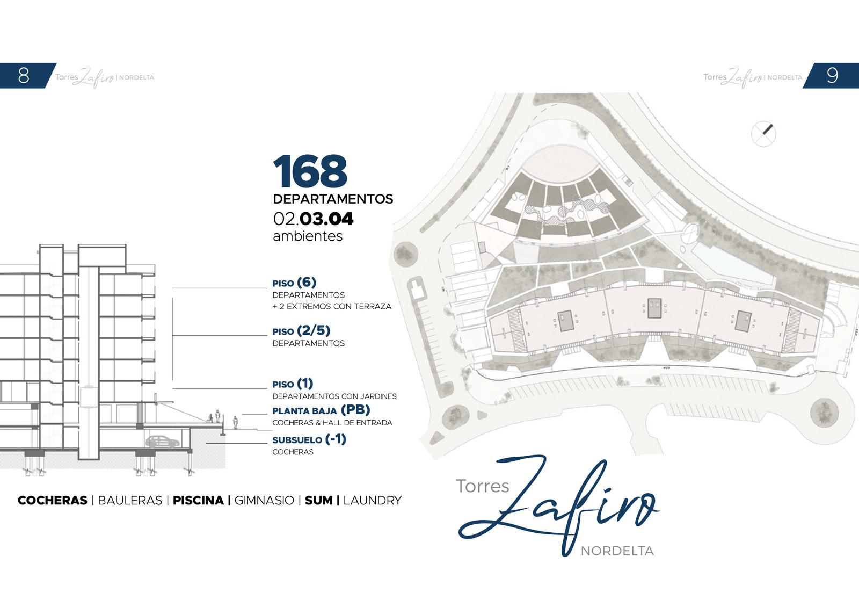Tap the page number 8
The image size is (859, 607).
pos(24,75)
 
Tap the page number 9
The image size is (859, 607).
pos(832,75)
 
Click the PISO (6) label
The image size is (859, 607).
pos(294,283)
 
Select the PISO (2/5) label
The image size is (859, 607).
pos(301,330)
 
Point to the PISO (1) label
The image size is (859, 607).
pos(293,384)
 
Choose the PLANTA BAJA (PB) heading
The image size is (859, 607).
pos(321,410)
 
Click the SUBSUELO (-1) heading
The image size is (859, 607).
pos(309,439)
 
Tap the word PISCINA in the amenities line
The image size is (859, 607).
pos(198,500)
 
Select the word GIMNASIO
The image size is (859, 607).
pos(264,500)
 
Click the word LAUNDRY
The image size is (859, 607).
pos(373,500)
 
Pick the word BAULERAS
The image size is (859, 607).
pos(130,500)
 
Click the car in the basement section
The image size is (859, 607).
pos(163,441)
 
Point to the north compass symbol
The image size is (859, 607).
pos(763,134)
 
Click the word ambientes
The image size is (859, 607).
pos(308,236)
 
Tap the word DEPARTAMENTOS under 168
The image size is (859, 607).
pos(333,199)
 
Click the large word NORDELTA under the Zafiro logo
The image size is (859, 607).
pos(617,551)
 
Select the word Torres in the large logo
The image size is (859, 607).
pos(483,486)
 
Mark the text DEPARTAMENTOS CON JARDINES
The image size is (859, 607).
pos(334,396)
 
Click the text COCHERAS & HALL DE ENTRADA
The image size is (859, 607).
pos(332,423)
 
